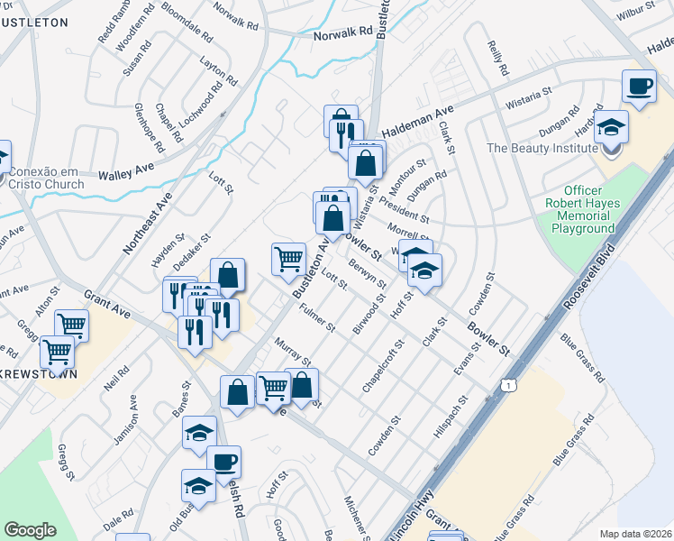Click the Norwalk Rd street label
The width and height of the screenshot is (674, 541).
point(343,32)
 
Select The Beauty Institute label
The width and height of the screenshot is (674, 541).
point(542,148)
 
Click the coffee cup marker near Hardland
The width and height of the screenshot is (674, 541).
point(639,87)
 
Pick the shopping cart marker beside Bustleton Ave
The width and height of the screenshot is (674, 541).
point(288,259)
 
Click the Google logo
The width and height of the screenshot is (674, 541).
point(30,530)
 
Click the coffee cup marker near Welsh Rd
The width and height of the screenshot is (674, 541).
point(223,462)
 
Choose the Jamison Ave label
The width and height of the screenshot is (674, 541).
point(125,420)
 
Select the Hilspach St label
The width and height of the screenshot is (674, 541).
point(451,418)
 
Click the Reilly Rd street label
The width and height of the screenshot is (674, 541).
point(497,58)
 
